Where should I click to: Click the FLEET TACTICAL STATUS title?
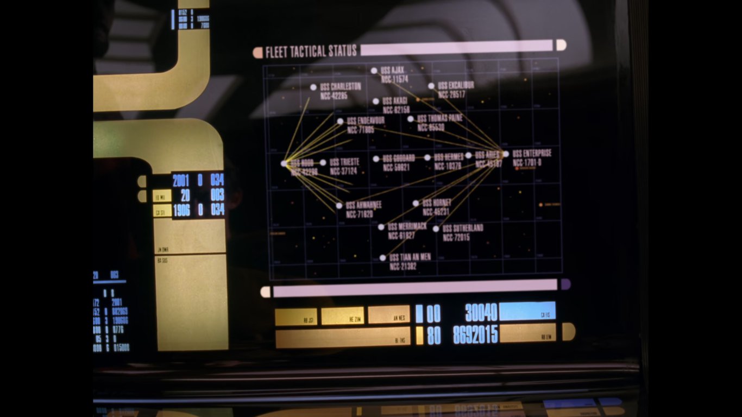[x=311, y=52]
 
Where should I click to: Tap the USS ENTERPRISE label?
[x=532, y=154]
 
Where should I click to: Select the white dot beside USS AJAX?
[x=374, y=71]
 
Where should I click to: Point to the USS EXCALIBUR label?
[x=456, y=85]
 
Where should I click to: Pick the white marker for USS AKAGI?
[x=376, y=101]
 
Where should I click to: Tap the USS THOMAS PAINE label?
[x=439, y=118]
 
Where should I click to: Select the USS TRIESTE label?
[x=344, y=162]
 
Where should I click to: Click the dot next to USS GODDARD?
[x=376, y=159]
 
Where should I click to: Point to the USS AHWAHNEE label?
[x=363, y=205]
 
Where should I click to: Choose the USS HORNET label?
[x=437, y=203]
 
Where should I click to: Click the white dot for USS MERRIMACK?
[x=381, y=227]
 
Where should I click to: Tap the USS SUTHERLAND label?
[x=463, y=228]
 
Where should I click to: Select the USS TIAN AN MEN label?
[x=410, y=257]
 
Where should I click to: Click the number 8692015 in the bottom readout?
[x=475, y=335]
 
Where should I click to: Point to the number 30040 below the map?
[x=481, y=312]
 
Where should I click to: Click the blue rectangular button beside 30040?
[x=527, y=311]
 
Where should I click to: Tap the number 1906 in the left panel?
[x=181, y=210]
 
